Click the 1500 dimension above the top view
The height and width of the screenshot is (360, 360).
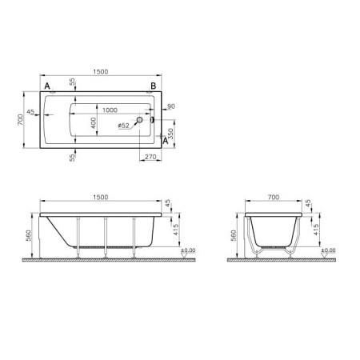[101, 72]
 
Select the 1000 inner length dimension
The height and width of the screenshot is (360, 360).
[110, 110]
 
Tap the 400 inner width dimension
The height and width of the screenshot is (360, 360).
[94, 123]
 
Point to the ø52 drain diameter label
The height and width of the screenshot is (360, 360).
[123, 126]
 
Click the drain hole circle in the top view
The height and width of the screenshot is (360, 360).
[139, 120]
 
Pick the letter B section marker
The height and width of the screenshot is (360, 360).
[153, 86]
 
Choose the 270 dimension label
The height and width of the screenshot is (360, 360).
[150, 157]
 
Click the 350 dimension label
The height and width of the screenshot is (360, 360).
[170, 134]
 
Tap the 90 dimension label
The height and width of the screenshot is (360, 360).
[171, 106]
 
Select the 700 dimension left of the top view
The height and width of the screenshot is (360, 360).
[20, 120]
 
